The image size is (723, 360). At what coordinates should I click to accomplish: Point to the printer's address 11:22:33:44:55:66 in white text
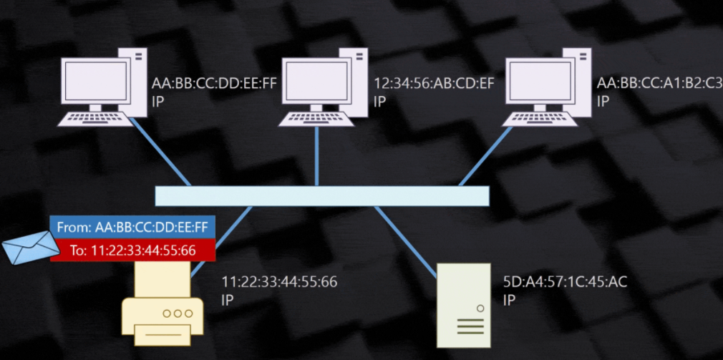279,282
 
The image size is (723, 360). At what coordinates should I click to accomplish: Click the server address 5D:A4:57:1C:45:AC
566,282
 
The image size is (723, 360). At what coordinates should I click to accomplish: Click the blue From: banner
132,228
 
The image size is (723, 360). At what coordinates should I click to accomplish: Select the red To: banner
132,250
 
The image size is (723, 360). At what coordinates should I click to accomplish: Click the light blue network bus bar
322,196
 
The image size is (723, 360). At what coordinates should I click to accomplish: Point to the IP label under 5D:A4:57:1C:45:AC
509,300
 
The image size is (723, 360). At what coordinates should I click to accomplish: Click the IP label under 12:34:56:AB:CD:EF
380,102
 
